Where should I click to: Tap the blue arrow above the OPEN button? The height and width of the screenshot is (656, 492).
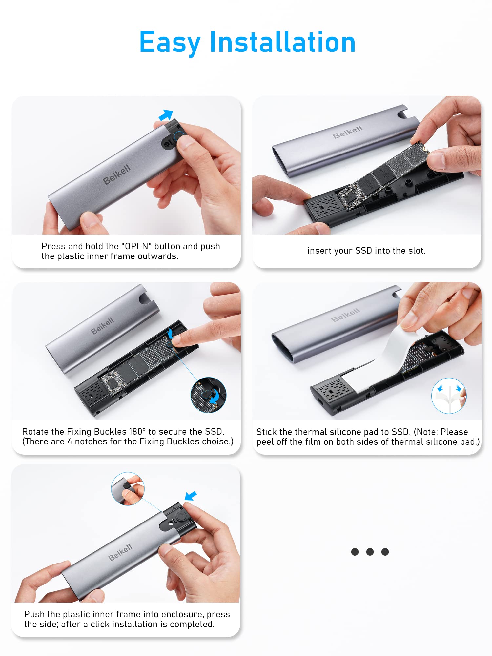click(x=166, y=115)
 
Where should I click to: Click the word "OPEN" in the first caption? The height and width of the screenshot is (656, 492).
click(x=137, y=246)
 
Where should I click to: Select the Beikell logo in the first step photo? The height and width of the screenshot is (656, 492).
click(x=117, y=174)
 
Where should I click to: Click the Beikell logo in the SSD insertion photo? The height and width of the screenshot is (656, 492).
click(x=347, y=132)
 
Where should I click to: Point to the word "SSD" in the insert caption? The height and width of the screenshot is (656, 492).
click(x=363, y=251)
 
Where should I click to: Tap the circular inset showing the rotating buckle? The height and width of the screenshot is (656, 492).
click(x=209, y=395)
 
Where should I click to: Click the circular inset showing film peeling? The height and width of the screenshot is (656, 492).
click(x=449, y=396)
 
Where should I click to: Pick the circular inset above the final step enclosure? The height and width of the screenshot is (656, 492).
click(x=128, y=489)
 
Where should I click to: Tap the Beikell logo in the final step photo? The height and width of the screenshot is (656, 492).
click(x=120, y=552)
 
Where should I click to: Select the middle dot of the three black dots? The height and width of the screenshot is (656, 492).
click(x=370, y=552)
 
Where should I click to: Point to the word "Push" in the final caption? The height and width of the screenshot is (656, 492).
click(x=34, y=614)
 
